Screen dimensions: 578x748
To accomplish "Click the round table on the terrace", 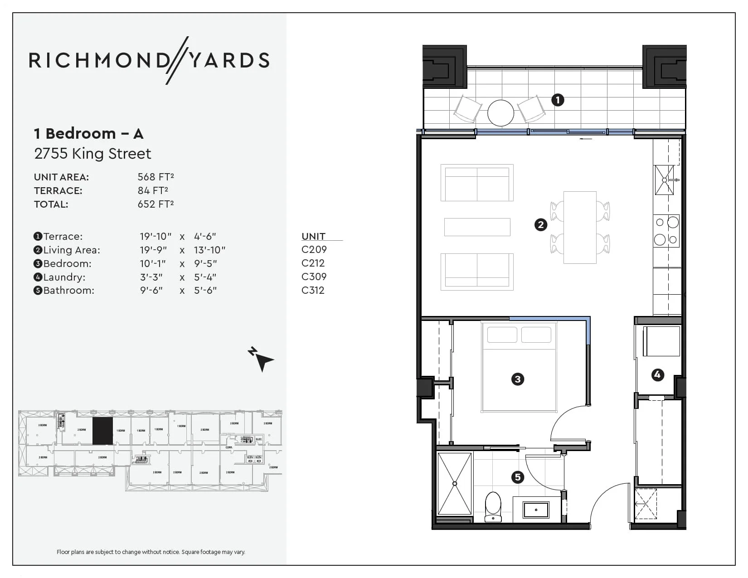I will (500, 113).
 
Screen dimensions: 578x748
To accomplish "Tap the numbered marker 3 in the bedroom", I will (517, 379).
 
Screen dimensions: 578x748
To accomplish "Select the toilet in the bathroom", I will (493, 507).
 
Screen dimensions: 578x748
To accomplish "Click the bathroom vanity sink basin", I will (536, 510).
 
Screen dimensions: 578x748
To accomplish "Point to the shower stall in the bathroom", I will (455, 483).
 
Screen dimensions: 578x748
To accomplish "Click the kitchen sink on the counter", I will (664, 180).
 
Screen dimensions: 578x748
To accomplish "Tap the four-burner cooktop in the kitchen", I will (666, 231).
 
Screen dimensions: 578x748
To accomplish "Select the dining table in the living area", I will (580, 227).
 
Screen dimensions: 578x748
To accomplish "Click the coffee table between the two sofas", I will (477, 227).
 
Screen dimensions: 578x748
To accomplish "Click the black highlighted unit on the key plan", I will (102, 431).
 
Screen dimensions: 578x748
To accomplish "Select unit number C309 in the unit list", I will (314, 277).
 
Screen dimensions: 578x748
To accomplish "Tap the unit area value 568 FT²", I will (155, 177).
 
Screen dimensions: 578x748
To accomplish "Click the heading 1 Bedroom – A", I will (89, 134).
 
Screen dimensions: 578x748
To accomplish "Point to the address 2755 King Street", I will (92, 154).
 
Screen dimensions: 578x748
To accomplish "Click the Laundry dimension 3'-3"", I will (151, 277).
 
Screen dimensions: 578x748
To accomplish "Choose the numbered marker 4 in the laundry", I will (657, 374).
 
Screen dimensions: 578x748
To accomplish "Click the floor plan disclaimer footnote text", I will (151, 552).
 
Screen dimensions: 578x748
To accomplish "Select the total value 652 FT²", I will (155, 204).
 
